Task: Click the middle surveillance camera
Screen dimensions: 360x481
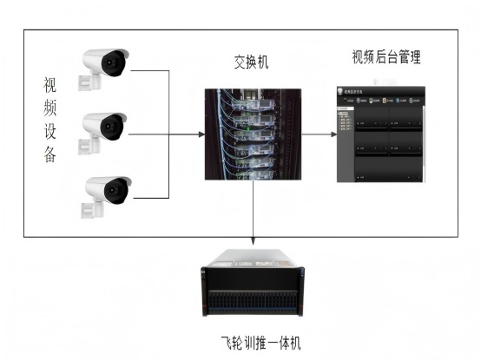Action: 104,129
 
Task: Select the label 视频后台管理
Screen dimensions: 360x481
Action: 386,58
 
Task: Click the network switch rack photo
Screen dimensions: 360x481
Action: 253,134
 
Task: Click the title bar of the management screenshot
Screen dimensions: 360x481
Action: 382,89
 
